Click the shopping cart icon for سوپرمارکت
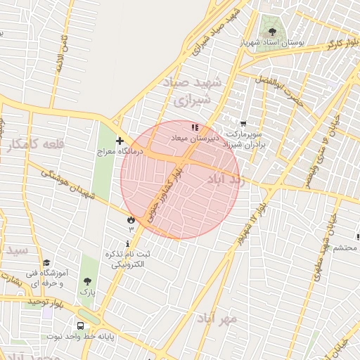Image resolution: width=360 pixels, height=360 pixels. [x=243, y=124]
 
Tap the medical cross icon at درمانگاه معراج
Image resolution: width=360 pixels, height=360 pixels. [x=120, y=141]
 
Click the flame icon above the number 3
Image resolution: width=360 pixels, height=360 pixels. [x=131, y=220]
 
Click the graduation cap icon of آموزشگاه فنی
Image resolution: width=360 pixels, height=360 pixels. [x=46, y=262]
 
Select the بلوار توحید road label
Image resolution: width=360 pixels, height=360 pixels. [x=46, y=302]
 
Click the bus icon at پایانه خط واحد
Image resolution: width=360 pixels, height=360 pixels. [x=81, y=326]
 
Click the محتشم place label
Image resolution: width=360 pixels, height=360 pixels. [x=345, y=247]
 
